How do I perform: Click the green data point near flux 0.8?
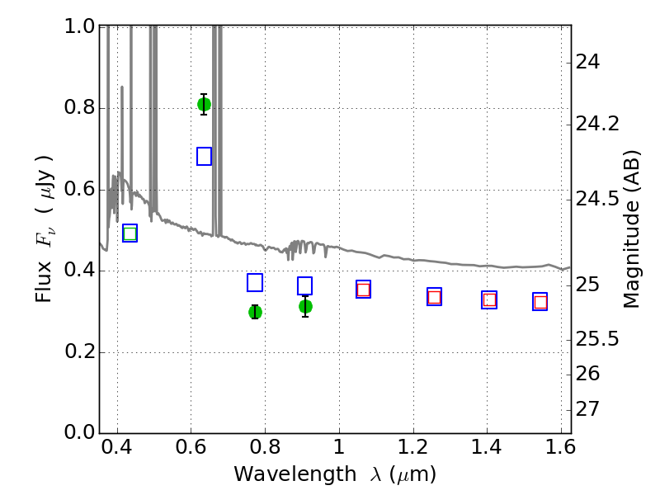(204, 105)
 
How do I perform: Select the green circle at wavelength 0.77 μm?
(255, 312)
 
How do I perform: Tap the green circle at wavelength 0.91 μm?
(305, 306)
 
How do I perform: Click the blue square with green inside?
(130, 233)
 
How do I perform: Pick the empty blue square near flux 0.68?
(204, 156)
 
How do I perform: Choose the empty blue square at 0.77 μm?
(255, 282)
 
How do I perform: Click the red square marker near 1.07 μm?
(363, 290)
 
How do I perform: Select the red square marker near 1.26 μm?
(435, 297)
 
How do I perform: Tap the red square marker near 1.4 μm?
(489, 300)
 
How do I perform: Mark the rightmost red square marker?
(540, 302)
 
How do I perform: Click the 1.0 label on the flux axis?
(79, 26)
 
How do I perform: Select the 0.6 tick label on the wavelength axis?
(191, 447)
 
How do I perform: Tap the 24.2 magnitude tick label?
(597, 125)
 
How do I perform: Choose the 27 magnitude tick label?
(587, 408)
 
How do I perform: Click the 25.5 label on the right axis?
(597, 339)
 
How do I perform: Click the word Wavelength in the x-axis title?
(295, 474)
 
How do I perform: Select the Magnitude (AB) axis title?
(631, 229)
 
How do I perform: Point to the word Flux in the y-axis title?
(44, 281)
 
